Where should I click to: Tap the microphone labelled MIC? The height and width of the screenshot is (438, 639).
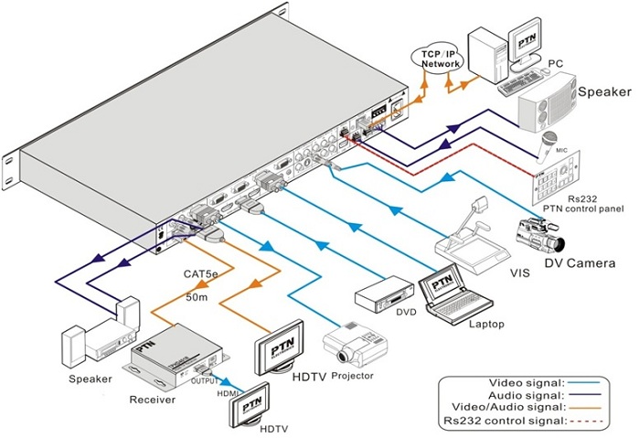point(550,140)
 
